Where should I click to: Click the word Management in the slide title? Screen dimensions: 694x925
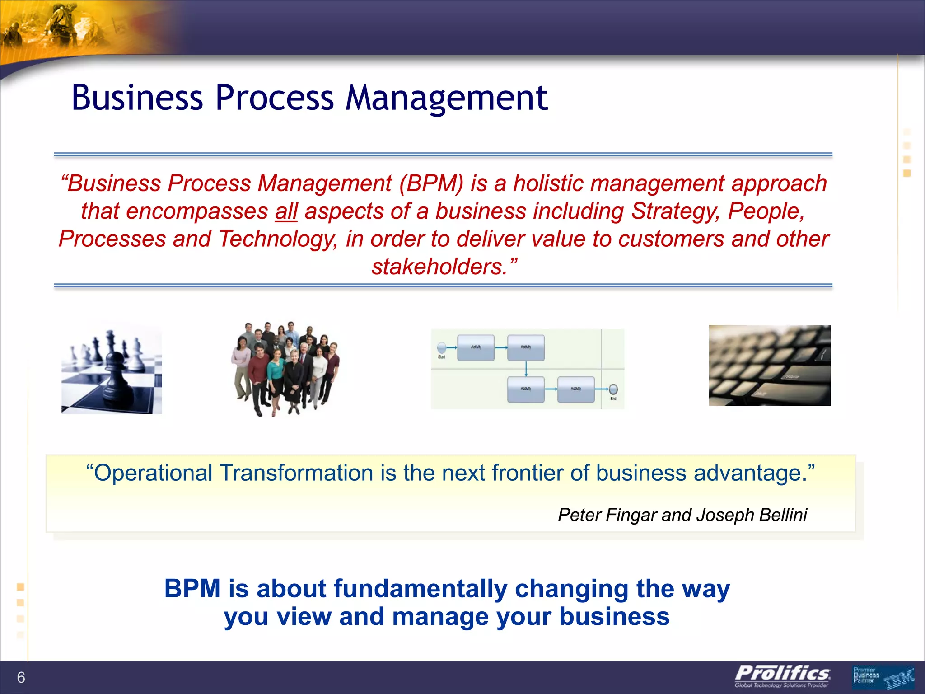[x=446, y=98]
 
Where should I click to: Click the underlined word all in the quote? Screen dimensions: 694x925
[x=286, y=211]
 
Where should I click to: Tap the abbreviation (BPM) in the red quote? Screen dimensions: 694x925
[x=431, y=183]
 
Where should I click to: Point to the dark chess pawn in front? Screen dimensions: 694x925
[x=117, y=380]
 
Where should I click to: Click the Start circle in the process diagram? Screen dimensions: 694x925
[x=442, y=347]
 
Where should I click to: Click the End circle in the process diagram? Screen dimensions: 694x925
[x=613, y=389]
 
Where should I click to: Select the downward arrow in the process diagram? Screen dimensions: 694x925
[x=526, y=369]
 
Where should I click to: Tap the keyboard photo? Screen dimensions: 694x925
[x=769, y=365]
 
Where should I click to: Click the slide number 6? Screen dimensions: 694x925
[x=21, y=677]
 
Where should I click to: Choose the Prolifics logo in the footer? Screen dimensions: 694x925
[x=782, y=676]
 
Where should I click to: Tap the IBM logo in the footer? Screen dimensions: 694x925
[x=898, y=679]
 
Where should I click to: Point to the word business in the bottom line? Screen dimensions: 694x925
[x=614, y=617]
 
